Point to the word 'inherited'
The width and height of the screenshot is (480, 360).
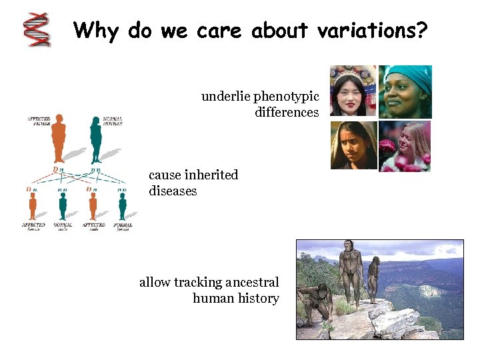coord(211,175)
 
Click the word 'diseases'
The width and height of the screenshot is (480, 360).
coord(173,191)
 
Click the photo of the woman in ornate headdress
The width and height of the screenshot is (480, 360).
coord(353,91)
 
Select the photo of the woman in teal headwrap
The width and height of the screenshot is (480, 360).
coord(405,91)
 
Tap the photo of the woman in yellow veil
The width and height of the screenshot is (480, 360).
coord(353,145)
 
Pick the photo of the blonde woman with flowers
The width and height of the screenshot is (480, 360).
coord(405,146)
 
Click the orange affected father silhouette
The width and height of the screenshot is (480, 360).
coord(59,139)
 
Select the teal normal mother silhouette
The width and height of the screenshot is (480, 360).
coord(95,139)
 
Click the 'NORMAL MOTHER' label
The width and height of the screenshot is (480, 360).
coord(113,122)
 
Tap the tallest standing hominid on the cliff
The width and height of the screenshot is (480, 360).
coord(349,273)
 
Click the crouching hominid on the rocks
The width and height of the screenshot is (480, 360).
coord(318,303)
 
